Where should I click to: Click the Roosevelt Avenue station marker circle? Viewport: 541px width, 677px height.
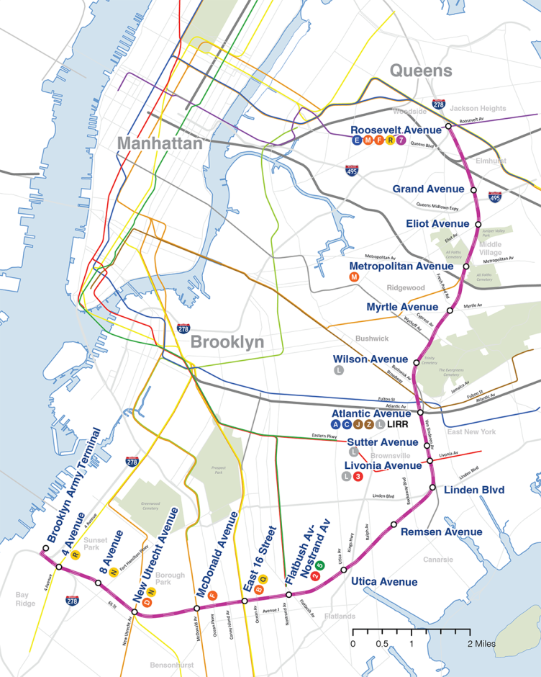pyautogui.click(x=447, y=126)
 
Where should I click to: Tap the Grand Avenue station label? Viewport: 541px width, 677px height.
pyautogui.click(x=428, y=189)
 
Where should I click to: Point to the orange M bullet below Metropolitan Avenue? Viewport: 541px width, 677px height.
pyautogui.click(x=353, y=277)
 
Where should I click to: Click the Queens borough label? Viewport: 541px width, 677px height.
pyautogui.click(x=421, y=71)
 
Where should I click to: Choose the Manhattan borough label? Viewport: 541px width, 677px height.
pyautogui.click(x=160, y=143)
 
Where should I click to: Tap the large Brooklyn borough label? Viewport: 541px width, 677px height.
pyautogui.click(x=227, y=342)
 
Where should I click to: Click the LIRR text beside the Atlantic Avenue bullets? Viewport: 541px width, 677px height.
pyautogui.click(x=399, y=426)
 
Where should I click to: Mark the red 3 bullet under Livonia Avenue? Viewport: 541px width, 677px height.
pyautogui.click(x=358, y=477)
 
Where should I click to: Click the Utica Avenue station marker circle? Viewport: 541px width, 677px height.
pyautogui.click(x=344, y=570)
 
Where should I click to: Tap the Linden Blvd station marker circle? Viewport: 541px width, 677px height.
pyautogui.click(x=432, y=488)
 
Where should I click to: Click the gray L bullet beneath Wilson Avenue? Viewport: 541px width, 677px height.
pyautogui.click(x=338, y=370)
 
